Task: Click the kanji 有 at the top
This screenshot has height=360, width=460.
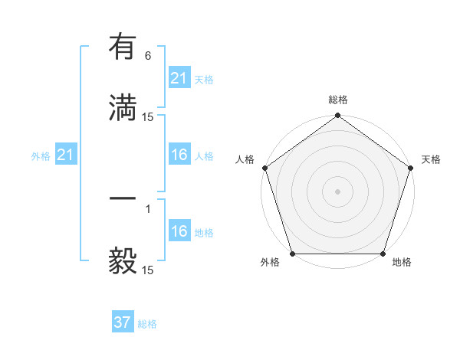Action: click(x=123, y=47)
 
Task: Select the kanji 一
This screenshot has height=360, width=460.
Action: click(x=123, y=198)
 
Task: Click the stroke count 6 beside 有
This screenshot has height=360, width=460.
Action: click(x=148, y=56)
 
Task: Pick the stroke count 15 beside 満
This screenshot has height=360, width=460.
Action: click(x=148, y=117)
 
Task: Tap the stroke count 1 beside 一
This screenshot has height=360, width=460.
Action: click(x=148, y=208)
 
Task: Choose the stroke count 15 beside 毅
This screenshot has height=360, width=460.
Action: click(x=148, y=270)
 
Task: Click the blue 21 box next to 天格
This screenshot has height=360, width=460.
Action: click(x=179, y=78)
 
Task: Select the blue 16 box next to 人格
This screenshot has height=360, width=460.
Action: click(x=179, y=155)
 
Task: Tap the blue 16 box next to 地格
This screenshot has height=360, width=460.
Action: click(x=179, y=232)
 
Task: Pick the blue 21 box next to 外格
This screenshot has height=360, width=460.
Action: click(x=65, y=155)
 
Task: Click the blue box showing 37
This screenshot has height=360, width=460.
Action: click(x=122, y=322)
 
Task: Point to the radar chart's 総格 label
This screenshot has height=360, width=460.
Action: click(x=338, y=100)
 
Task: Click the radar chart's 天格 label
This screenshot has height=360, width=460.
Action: click(x=431, y=159)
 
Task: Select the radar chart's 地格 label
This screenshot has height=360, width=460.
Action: click(x=402, y=262)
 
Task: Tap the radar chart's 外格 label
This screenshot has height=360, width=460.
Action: click(x=270, y=262)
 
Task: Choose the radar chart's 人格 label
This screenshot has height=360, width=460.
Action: click(x=245, y=159)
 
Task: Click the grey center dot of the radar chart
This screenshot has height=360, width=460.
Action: click(x=337, y=191)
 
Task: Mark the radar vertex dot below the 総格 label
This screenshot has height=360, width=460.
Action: click(x=337, y=116)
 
